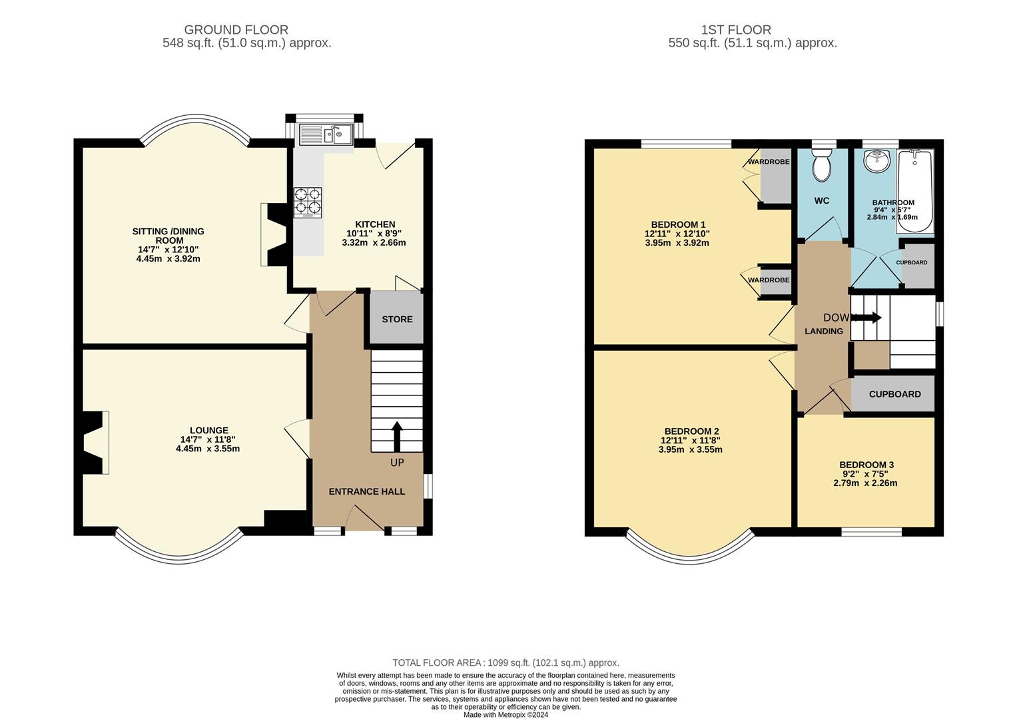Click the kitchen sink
point(326,135)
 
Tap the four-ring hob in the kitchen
point(308,202)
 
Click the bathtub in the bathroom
point(915,192)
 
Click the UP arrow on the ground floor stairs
point(397,437)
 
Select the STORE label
point(397,320)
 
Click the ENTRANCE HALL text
point(366,491)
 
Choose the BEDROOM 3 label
point(866,465)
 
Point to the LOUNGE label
point(208,431)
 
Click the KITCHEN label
point(375,224)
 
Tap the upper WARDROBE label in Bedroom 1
point(769,162)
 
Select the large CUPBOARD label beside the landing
point(894,394)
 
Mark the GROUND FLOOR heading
point(236,30)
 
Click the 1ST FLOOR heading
point(736,30)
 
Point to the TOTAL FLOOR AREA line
point(506,662)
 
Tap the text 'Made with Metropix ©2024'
point(506,715)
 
